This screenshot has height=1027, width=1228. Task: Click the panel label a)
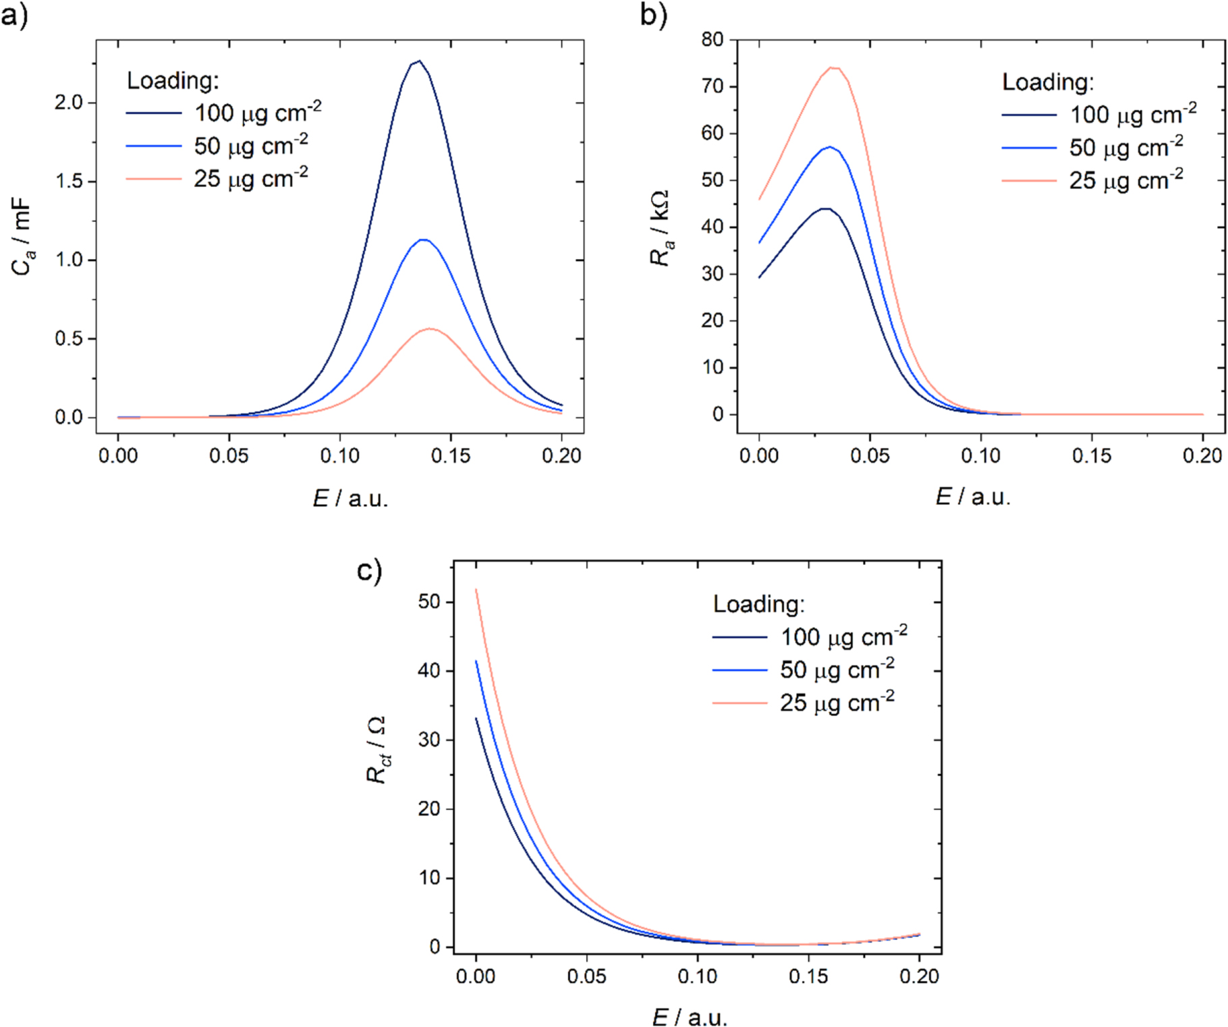click(x=15, y=15)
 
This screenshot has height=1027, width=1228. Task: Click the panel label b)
click(x=653, y=15)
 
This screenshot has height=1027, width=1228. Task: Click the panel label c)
click(x=369, y=571)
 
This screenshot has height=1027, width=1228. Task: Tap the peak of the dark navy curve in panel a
click(x=419, y=61)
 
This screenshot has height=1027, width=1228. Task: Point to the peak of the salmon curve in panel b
click(x=834, y=67)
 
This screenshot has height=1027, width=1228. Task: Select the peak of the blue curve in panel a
click(x=424, y=240)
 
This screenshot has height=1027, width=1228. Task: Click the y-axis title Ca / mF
click(x=22, y=236)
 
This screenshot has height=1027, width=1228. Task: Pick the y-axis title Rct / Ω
click(x=377, y=750)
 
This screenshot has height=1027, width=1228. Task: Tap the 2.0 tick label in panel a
click(x=69, y=103)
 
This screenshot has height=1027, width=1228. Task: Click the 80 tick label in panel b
click(x=712, y=40)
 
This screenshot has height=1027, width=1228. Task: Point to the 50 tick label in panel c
click(x=429, y=602)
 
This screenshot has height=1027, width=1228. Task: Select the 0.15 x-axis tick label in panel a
click(x=450, y=456)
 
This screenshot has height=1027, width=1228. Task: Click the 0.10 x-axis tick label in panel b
click(x=980, y=456)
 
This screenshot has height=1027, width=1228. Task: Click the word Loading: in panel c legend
click(x=758, y=604)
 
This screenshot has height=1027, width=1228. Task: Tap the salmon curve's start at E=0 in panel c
click(x=476, y=590)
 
